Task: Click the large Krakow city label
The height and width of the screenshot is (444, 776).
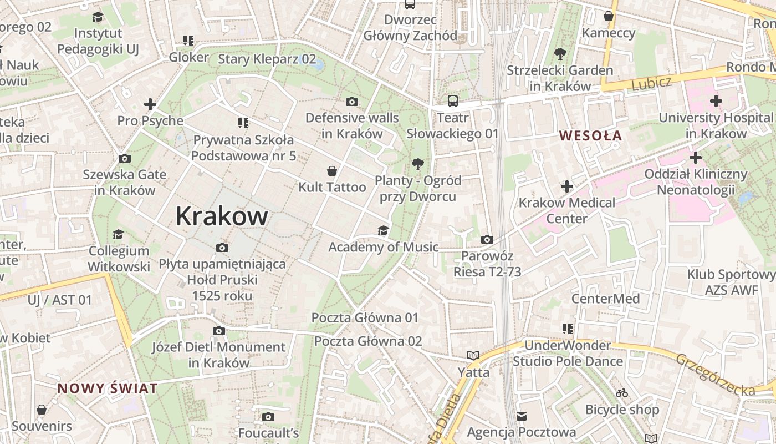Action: pyautogui.click(x=222, y=216)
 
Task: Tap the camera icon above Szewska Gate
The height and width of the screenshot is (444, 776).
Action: pyautogui.click(x=125, y=158)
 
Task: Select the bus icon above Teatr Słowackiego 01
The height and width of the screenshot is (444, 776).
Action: pyautogui.click(x=453, y=101)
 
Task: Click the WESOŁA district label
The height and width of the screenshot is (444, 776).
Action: pyautogui.click(x=590, y=135)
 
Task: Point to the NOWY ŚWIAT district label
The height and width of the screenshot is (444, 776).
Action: pyautogui.click(x=108, y=389)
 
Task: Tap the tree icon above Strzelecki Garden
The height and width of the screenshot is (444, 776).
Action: pyautogui.click(x=560, y=54)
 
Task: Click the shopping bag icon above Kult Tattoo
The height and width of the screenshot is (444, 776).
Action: pyautogui.click(x=332, y=170)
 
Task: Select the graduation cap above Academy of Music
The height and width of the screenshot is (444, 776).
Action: pyautogui.click(x=383, y=230)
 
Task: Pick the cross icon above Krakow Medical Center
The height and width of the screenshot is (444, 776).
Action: pyautogui.click(x=566, y=186)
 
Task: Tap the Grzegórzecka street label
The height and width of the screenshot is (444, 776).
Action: pyautogui.click(x=715, y=375)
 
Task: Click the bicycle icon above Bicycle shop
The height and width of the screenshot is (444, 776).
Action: pyautogui.click(x=622, y=393)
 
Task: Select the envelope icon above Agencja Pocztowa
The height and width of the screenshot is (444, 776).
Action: pyautogui.click(x=522, y=416)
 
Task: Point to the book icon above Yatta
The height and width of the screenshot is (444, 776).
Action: pyautogui.click(x=473, y=355)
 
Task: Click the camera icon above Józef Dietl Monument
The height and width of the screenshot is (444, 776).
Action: pyautogui.click(x=219, y=331)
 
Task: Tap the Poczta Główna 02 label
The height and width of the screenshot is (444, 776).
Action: pyautogui.click(x=368, y=341)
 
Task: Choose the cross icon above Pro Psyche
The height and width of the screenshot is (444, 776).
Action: pyautogui.click(x=150, y=104)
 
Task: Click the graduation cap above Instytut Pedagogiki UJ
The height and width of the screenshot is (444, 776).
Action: pyautogui.click(x=98, y=17)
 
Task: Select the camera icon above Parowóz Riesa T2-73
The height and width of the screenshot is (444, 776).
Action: pyautogui.click(x=487, y=239)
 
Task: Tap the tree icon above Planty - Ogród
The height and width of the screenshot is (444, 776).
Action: pyautogui.click(x=418, y=164)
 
